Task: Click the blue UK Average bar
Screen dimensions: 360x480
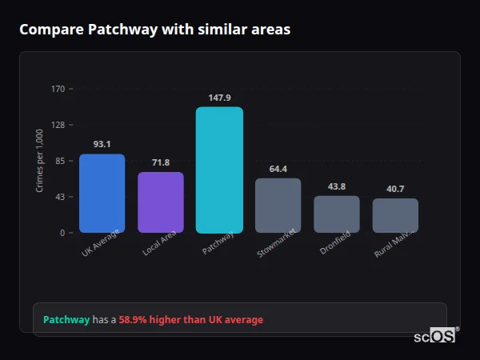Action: click(x=102, y=193)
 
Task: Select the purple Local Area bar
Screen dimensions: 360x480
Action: click(x=161, y=202)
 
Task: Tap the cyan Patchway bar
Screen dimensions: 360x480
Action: click(x=219, y=170)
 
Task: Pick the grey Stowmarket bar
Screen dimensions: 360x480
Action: click(x=278, y=205)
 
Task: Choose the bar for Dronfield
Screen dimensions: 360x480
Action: click(x=336, y=214)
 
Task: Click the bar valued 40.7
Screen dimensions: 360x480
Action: click(x=395, y=215)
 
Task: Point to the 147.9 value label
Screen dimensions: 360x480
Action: click(x=219, y=98)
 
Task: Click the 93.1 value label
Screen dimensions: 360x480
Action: click(x=102, y=144)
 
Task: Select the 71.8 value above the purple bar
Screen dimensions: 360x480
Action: click(x=161, y=162)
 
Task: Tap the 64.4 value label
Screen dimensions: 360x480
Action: click(x=278, y=169)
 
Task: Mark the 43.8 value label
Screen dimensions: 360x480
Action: click(x=336, y=186)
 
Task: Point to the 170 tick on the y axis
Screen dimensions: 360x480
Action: click(x=58, y=89)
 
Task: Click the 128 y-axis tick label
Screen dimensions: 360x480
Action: click(x=58, y=125)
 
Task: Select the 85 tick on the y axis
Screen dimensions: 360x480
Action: click(x=60, y=161)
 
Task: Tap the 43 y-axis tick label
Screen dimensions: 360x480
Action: click(x=60, y=197)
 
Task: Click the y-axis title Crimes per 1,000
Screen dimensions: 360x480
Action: click(x=40, y=161)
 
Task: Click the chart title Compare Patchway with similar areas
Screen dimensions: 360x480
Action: click(x=154, y=30)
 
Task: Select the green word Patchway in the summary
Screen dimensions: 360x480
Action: click(x=66, y=320)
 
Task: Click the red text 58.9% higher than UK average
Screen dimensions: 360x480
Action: click(x=190, y=320)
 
